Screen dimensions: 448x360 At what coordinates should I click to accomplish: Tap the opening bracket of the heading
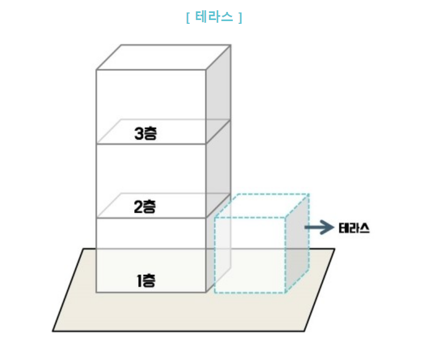188,18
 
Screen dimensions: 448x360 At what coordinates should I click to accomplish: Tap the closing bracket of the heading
240,18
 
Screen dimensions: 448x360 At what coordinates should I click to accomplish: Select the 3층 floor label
145,133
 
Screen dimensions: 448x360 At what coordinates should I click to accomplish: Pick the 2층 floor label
145,207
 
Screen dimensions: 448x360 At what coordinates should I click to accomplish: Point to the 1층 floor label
146,281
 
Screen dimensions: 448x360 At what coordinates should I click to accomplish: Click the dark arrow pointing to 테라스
319,228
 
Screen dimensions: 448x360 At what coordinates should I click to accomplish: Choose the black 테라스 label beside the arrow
354,228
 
